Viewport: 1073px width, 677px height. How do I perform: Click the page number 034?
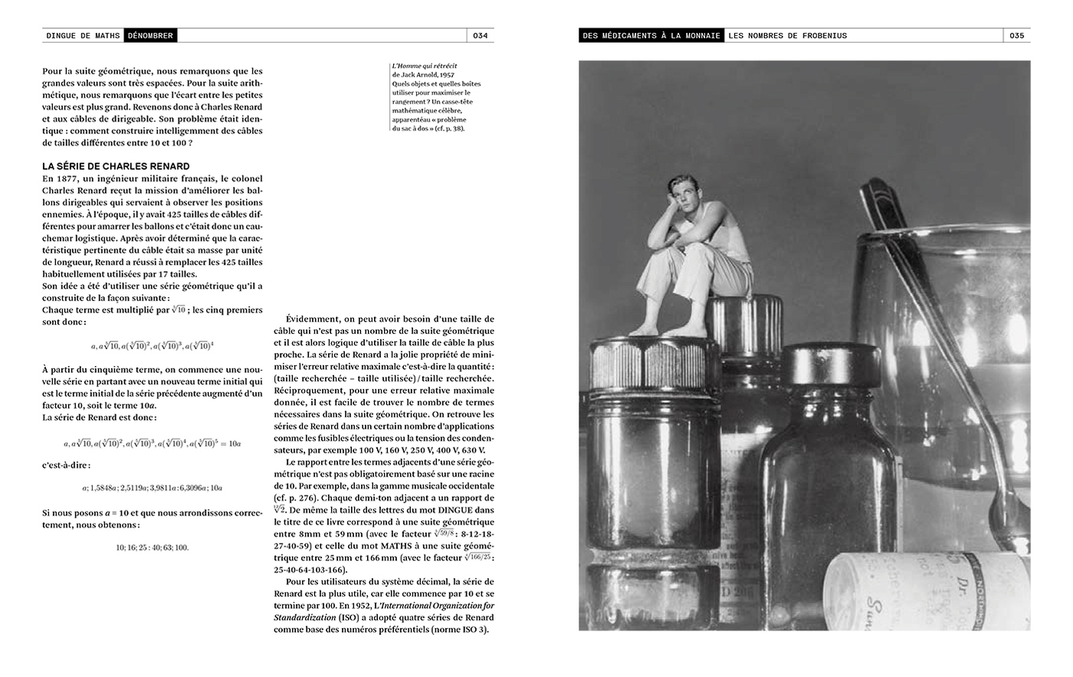(481, 35)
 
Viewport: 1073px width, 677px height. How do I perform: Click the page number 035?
(1016, 35)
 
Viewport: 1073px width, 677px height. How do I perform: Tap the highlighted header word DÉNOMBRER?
(151, 35)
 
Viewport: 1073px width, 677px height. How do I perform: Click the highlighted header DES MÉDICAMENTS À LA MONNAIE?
(651, 35)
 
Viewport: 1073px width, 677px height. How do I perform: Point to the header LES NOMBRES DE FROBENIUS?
(787, 35)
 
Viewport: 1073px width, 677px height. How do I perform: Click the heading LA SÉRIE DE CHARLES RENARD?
(116, 166)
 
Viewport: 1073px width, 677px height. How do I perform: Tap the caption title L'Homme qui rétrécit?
(418, 67)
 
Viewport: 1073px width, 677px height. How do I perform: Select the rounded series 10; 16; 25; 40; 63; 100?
(152, 548)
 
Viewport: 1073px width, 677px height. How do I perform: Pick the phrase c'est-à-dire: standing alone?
(66, 465)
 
